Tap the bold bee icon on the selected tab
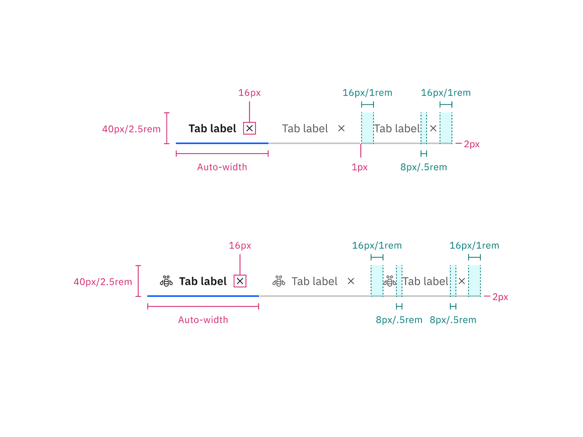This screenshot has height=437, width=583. pyautogui.click(x=166, y=281)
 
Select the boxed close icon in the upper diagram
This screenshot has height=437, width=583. pyautogui.click(x=249, y=128)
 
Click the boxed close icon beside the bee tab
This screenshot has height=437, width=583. pyautogui.click(x=240, y=281)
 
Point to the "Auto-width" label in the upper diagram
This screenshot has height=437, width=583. pyautogui.click(x=222, y=167)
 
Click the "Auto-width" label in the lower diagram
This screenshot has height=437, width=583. pyautogui.click(x=203, y=320)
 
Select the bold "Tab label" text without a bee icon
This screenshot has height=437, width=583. pyautogui.click(x=213, y=128)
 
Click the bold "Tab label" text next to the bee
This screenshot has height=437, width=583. pyautogui.click(x=203, y=281)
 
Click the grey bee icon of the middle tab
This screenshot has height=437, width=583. pyautogui.click(x=279, y=281)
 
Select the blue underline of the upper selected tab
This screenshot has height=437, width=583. pyautogui.click(x=222, y=144)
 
